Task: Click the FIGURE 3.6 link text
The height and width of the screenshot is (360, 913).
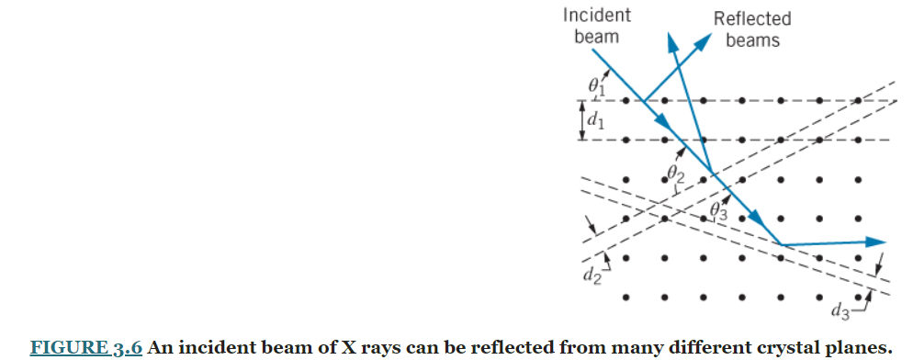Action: (x=86, y=348)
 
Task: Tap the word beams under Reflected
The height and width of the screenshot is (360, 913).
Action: (x=752, y=40)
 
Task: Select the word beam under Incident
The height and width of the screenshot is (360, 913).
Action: (x=596, y=37)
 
